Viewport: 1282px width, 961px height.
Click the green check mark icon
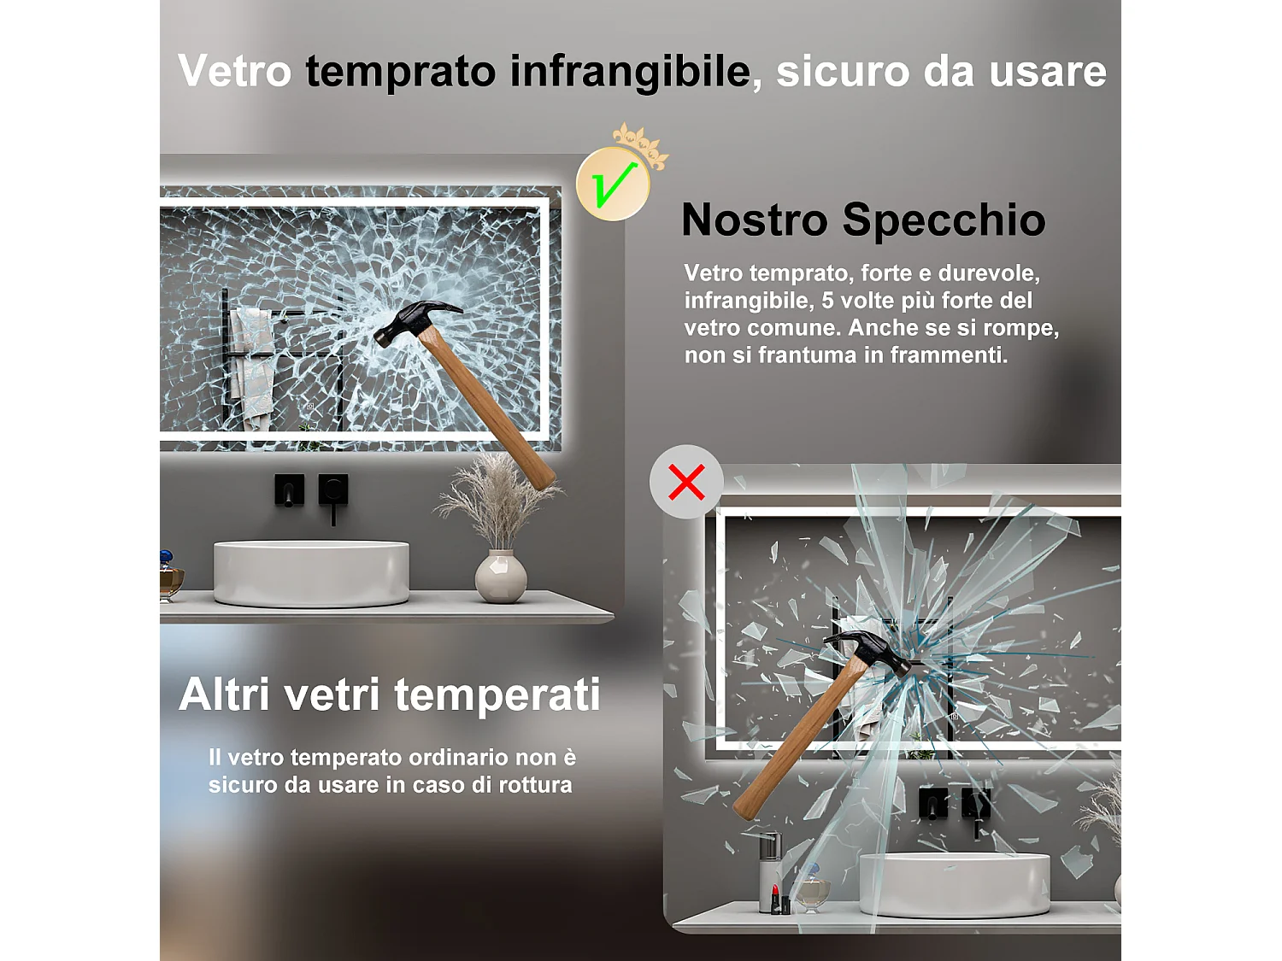(613, 184)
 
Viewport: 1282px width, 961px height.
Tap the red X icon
(686, 482)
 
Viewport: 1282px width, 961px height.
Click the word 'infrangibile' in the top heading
(630, 71)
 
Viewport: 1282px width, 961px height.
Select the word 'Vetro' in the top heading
(235, 71)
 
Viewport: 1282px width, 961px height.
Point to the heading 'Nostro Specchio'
(863, 220)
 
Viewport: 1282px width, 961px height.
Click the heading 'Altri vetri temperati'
(390, 694)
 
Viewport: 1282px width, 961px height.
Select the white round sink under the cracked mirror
(311, 572)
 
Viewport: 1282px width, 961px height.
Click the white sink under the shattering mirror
(954, 884)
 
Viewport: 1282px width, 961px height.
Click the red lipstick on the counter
(775, 899)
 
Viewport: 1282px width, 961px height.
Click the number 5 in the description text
(827, 301)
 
